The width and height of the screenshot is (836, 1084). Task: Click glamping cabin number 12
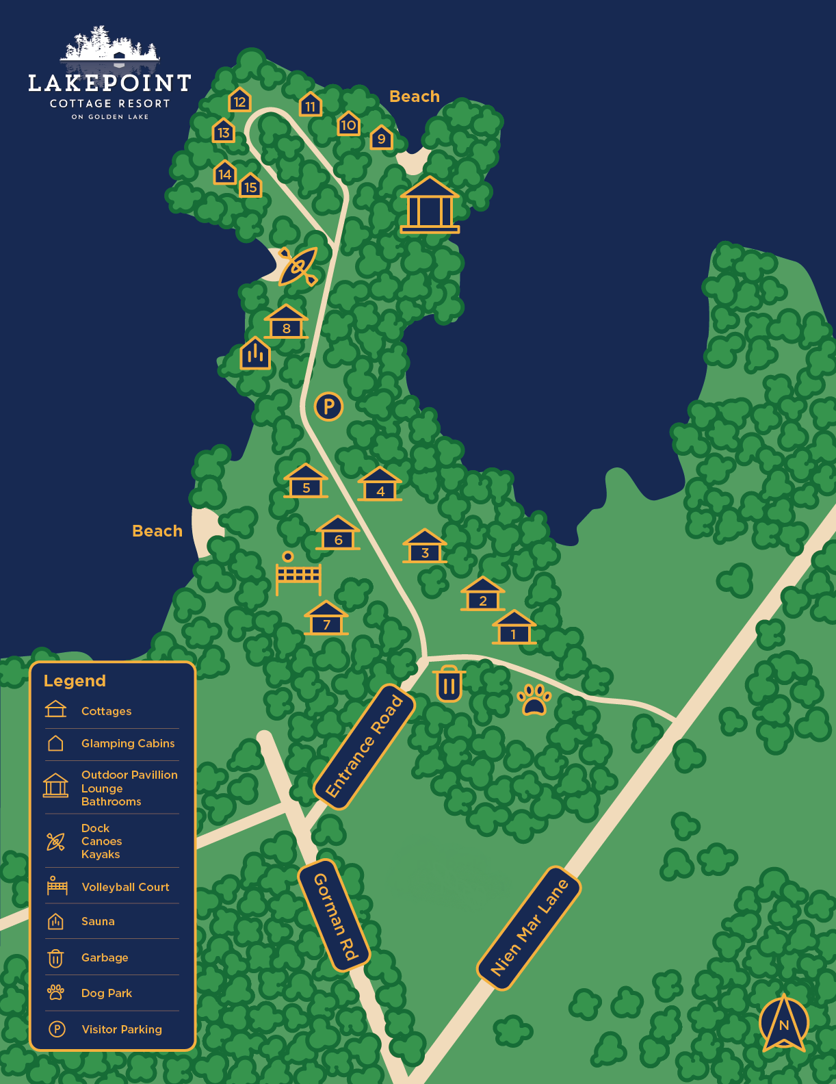pos(239,101)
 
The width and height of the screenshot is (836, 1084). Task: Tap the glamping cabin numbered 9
pos(381,138)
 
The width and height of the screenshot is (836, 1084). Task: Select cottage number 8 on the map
pos(286,323)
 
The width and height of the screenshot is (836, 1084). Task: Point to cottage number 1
pos(514,629)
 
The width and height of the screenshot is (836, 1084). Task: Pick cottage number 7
pos(326,619)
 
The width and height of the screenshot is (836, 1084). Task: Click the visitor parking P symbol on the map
pos(328,406)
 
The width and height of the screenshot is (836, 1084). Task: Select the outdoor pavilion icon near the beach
pos(430,205)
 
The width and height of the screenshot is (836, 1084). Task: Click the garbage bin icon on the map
pos(449,684)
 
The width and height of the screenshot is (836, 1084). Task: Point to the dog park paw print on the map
pos(534,699)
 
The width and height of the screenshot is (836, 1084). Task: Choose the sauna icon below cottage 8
pos(255,353)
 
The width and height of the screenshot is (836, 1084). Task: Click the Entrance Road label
pos(365,747)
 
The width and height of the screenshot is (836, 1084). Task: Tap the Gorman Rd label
pos(335,916)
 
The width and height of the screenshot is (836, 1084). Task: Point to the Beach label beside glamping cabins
pos(415,96)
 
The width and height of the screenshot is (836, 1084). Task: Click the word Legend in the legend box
pos(75,681)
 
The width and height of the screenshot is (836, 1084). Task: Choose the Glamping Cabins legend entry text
pos(128,743)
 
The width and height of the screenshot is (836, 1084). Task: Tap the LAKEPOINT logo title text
pos(109,83)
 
